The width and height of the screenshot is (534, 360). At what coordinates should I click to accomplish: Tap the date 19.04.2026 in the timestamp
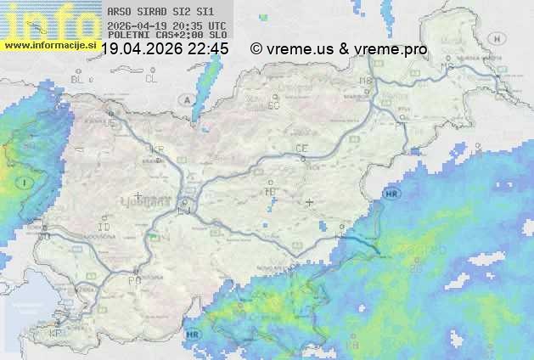141,49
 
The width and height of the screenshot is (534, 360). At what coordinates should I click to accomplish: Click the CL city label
151,79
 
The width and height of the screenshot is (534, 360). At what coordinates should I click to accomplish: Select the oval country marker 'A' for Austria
184,99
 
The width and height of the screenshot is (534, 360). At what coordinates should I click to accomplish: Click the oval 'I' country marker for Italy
25,183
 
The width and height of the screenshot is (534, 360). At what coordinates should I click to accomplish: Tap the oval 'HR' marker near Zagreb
391,194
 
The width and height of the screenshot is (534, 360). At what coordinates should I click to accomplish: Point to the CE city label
301,149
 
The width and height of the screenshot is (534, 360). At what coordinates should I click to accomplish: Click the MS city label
445,66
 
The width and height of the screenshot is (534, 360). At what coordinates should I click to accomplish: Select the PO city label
133,279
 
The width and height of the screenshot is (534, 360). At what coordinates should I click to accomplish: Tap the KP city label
56,333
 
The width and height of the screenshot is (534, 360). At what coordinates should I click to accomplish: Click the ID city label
104,228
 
